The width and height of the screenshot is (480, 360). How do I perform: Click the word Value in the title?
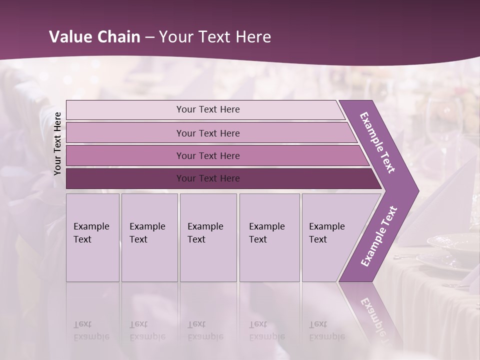69,37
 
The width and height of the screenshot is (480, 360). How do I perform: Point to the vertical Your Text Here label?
57,143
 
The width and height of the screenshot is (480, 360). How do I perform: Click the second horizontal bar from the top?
208,133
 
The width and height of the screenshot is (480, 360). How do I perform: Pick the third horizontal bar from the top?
208,155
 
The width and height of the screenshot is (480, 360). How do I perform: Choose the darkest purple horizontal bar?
208,178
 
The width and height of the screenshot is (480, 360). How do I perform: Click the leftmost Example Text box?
92,237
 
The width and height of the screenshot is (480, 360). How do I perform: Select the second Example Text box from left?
149,237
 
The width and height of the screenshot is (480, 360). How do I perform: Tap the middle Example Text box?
208,237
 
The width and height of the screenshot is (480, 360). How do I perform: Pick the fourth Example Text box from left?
269,237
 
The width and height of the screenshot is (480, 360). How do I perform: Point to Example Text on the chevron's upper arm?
377,142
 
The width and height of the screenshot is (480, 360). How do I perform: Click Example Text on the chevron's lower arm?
379,236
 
